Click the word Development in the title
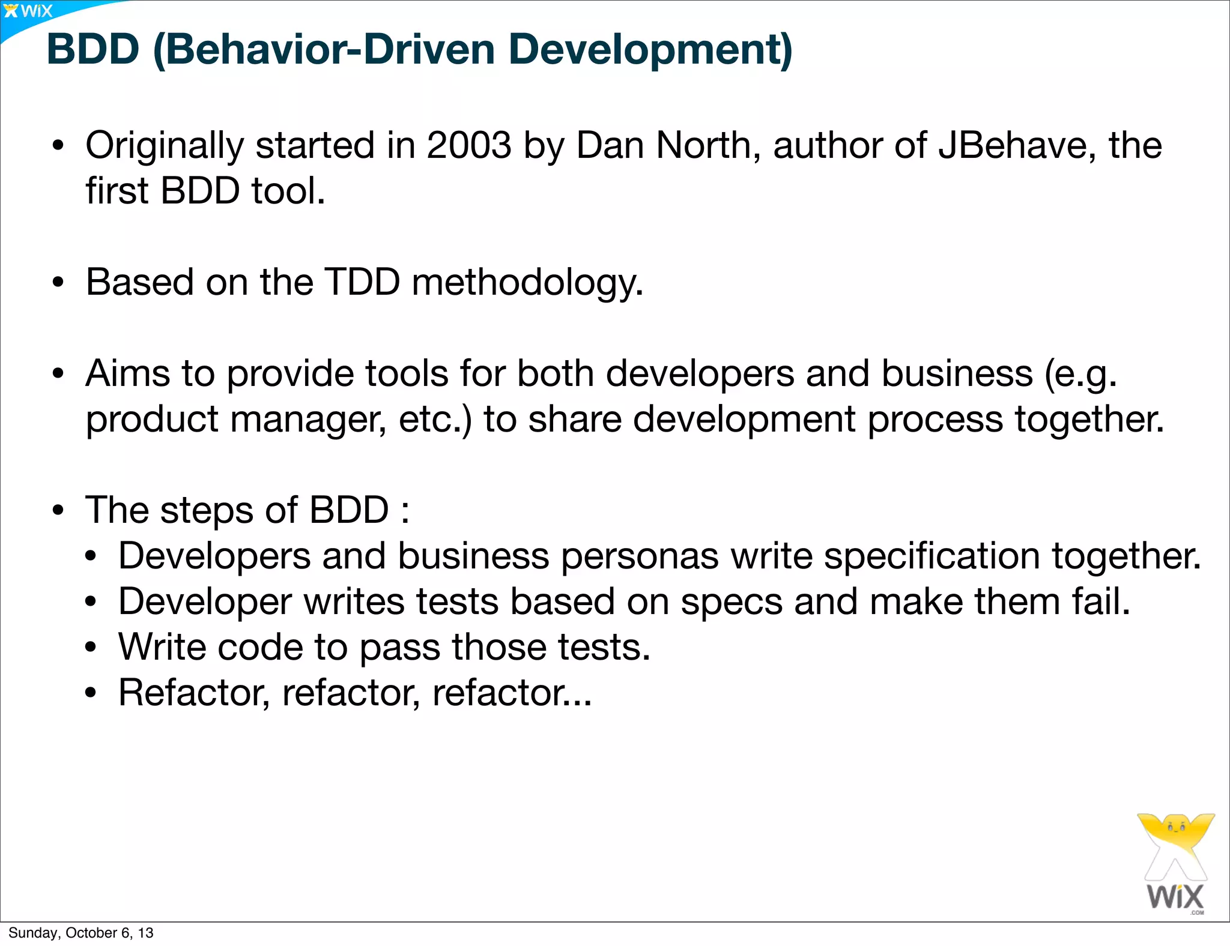tap(650, 50)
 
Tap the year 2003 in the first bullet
tap(469, 145)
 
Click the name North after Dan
tap(703, 145)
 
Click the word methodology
tap(527, 283)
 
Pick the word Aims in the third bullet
tap(128, 373)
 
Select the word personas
tap(640, 556)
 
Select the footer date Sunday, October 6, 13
tap(81, 933)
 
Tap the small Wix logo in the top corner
tap(28, 11)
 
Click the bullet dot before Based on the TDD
tap(58, 283)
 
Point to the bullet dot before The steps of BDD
tap(58, 511)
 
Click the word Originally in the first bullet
tap(165, 146)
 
